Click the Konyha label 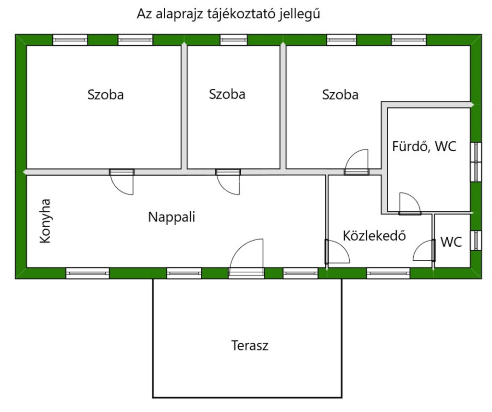(45, 220)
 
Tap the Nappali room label (172, 217)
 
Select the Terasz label (249, 345)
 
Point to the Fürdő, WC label (424, 146)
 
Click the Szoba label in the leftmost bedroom (105, 95)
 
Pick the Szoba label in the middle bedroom (227, 94)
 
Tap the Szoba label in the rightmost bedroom (340, 95)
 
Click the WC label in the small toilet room (451, 242)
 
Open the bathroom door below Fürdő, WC (410, 204)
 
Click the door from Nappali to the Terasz (246, 259)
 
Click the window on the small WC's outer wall (476, 241)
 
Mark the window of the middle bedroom (233, 40)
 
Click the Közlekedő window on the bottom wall (388, 273)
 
